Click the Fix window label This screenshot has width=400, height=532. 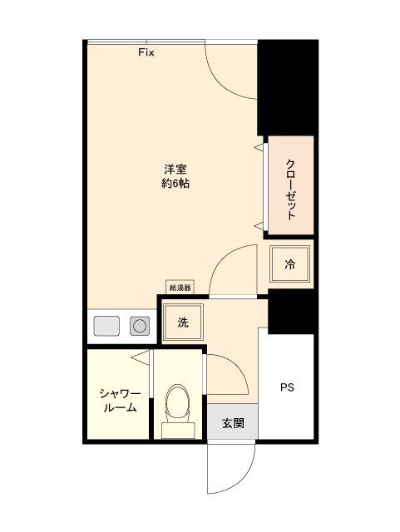[146, 52]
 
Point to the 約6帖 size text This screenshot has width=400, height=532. [175, 185]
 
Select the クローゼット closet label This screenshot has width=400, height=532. [290, 189]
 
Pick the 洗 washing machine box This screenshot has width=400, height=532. [181, 323]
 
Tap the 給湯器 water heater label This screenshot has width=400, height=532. [180, 288]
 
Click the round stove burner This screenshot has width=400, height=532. [140, 326]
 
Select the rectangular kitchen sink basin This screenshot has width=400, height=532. [107, 326]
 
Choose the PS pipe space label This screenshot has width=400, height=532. [286, 387]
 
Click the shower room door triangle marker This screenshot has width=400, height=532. [141, 358]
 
